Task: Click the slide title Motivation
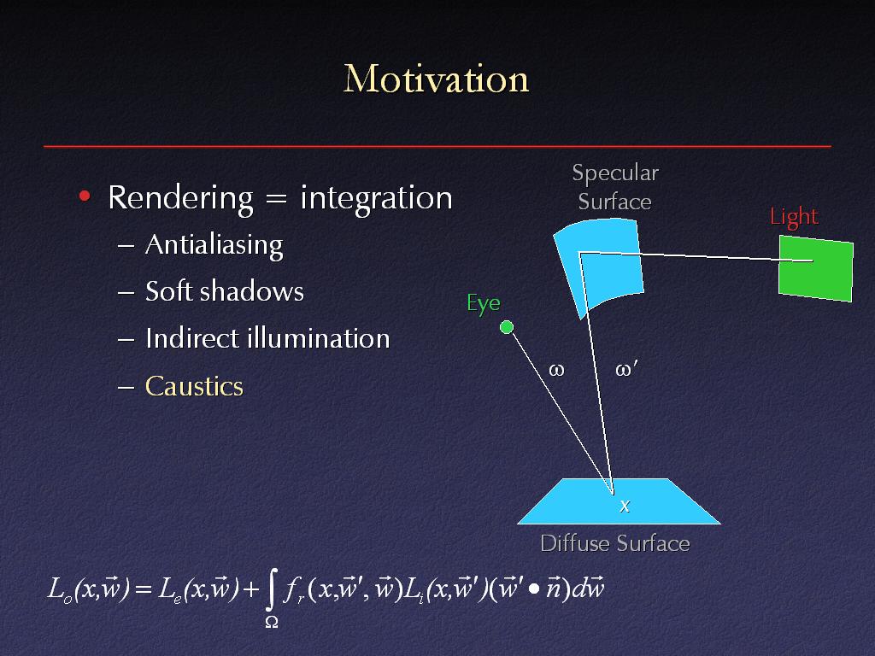[x=436, y=79]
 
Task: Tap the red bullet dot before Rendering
[x=85, y=196]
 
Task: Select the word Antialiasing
[x=214, y=245]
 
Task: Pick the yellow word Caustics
[x=194, y=386]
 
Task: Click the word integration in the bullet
[x=377, y=198]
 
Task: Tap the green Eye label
[x=484, y=304]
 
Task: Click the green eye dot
[x=507, y=327]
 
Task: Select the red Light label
[x=794, y=217]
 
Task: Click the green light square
[x=815, y=268]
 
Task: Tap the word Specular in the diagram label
[x=615, y=173]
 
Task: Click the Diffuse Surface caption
[x=615, y=543]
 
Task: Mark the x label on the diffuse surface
[x=625, y=506]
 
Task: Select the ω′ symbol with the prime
[x=626, y=369]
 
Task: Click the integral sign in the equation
[x=271, y=590]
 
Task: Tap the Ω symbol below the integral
[x=272, y=622]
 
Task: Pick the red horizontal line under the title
[x=437, y=146]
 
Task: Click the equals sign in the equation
[x=143, y=589]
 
